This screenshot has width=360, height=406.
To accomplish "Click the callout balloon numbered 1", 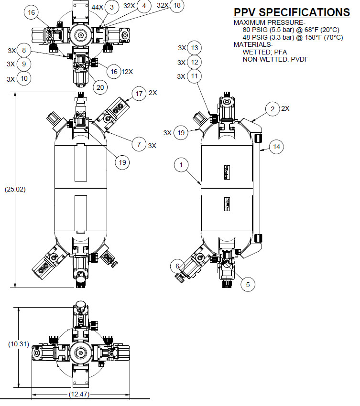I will (181, 165).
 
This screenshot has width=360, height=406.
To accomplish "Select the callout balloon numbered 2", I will (273, 109).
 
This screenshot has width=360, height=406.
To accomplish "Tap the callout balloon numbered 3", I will (111, 7).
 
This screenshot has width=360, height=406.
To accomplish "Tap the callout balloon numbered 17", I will (139, 94).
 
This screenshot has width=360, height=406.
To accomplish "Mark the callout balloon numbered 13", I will (194, 48).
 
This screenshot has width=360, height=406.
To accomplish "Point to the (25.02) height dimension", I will (16, 189).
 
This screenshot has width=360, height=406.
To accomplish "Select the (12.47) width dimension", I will (80, 394).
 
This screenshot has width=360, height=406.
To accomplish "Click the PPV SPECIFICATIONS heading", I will (291, 12).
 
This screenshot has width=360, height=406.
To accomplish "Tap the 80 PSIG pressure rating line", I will (291, 29).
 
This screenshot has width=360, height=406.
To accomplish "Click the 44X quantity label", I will (98, 7).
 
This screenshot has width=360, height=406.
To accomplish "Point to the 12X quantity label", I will (127, 72).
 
